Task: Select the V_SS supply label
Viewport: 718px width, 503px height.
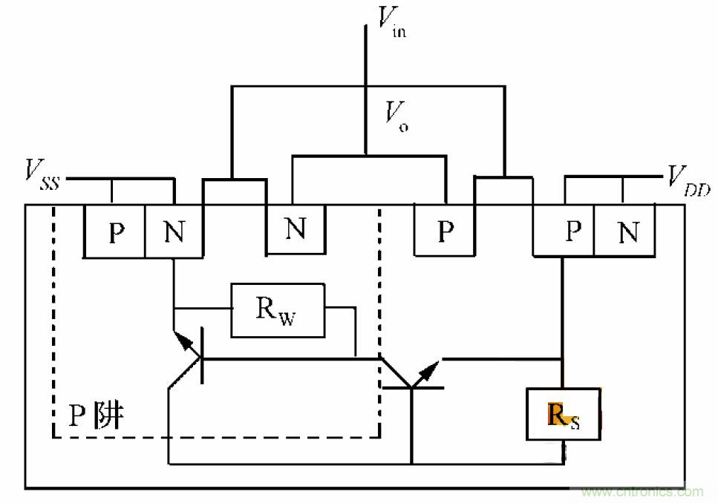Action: [x=41, y=174]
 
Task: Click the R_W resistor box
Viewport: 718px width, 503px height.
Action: [x=278, y=309]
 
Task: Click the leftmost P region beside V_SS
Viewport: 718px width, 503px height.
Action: [x=115, y=232]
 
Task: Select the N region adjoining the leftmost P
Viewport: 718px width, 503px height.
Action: [x=174, y=232]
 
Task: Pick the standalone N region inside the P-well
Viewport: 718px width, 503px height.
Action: [x=296, y=229]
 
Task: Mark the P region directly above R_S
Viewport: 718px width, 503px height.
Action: [x=572, y=231]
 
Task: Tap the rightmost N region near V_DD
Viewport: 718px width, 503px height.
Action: [x=628, y=232]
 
